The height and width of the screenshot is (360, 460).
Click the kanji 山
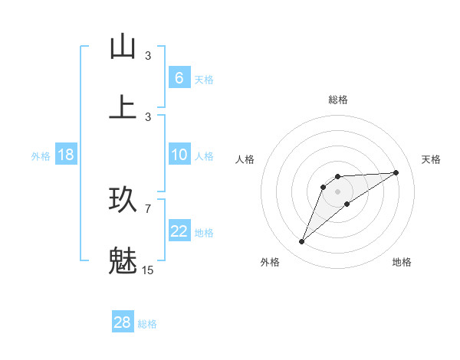click(123, 47)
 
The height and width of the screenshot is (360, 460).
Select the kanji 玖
click(123, 200)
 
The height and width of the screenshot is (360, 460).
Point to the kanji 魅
click(123, 261)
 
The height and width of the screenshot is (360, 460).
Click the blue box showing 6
click(179, 77)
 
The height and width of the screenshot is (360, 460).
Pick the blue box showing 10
click(179, 155)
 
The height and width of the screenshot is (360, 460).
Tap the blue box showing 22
click(179, 231)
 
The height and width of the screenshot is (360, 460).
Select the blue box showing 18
click(66, 155)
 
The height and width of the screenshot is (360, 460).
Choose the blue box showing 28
click(122, 322)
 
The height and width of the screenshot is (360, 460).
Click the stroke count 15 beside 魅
click(148, 270)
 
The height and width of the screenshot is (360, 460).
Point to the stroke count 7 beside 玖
click(148, 208)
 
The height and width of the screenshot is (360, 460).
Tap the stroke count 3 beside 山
click(148, 56)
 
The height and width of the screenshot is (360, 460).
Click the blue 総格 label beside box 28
click(147, 324)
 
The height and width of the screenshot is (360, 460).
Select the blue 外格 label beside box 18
click(41, 156)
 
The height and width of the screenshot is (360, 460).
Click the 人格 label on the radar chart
click(245, 159)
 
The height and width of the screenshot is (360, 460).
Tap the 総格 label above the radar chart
click(337, 100)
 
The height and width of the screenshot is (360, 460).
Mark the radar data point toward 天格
click(396, 172)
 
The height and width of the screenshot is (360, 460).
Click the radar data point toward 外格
click(301, 242)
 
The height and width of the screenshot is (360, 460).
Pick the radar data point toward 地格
click(347, 204)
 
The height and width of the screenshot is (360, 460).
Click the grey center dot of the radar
click(337, 191)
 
